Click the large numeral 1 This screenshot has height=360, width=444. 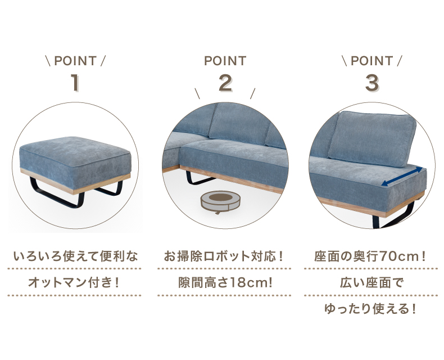tap(75, 83)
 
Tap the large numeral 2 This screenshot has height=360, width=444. tap(226, 83)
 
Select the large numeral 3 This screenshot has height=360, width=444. tap(372, 83)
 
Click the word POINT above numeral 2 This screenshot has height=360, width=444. tap(225, 61)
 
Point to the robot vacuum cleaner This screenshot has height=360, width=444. tap(220, 201)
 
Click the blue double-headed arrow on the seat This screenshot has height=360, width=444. tap(401, 177)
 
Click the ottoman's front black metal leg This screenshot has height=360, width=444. tap(56, 193)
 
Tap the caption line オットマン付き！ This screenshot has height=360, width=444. tap(74, 282)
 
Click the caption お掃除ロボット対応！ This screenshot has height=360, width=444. tap(224, 256)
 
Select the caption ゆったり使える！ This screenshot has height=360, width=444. tap(371, 309)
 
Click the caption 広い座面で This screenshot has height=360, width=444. tap(371, 282)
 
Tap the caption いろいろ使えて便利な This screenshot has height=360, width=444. tap(75, 256)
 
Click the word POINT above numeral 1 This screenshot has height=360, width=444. tap(75, 61)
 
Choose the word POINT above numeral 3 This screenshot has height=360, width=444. tap(372, 61)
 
